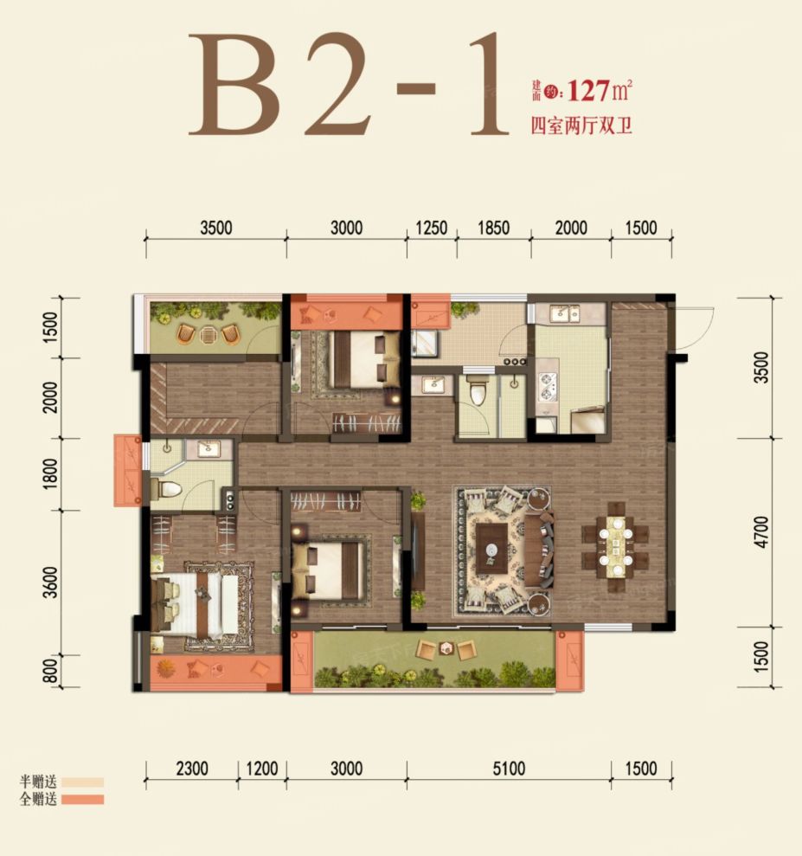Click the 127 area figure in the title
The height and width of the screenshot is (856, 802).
click(x=588, y=91)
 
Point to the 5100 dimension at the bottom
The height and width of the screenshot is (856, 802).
click(x=509, y=769)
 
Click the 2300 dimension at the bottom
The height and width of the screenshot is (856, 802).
click(x=192, y=769)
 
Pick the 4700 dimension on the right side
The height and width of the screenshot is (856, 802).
click(x=763, y=531)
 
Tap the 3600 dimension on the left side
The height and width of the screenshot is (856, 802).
click(x=50, y=582)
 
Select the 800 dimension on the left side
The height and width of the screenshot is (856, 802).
click(x=50, y=671)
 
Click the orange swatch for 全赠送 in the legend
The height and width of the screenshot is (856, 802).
click(x=82, y=800)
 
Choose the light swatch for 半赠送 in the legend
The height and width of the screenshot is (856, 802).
click(x=82, y=782)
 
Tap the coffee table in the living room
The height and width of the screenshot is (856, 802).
click(x=494, y=549)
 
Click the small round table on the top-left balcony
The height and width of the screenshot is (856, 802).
click(x=209, y=334)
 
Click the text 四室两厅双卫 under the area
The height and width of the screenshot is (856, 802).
click(x=581, y=126)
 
